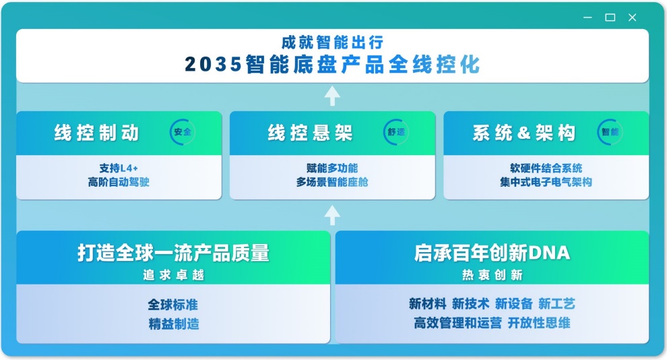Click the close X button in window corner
coord(632,18)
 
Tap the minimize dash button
coord(588,18)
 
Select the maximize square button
coord(610,18)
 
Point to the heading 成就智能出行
coord(332,42)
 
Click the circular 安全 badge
coord(183,132)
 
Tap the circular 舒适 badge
coord(396,132)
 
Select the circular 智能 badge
coord(610,132)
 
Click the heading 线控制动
coord(97,133)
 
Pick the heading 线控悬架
coord(311,133)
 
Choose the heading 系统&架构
coord(524,133)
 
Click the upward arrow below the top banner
coord(331,96)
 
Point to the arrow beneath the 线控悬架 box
coord(331,215)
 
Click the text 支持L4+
coord(119,169)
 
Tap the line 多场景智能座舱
coord(332,182)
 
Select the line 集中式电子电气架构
coord(546,182)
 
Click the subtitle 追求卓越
coord(173,274)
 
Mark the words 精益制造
coord(173,324)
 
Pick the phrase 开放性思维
coord(539,323)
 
